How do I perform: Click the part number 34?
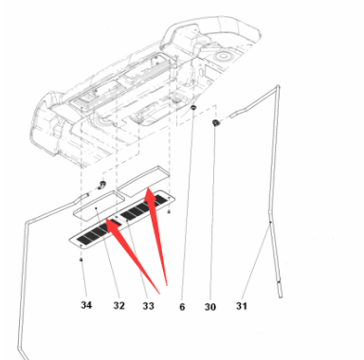click(86, 305)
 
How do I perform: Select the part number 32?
click(119, 305)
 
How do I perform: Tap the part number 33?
click(148, 306)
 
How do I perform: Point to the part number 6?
click(182, 307)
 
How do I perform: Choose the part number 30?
click(210, 307)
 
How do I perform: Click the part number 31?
click(242, 306)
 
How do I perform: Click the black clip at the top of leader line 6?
click(193, 108)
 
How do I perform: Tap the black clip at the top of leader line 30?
click(216, 122)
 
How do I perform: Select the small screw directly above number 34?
click(82, 260)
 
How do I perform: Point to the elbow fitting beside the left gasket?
click(101, 185)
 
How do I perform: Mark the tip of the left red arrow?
click(106, 220)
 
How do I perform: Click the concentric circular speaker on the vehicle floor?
click(223, 56)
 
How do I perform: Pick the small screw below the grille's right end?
click(169, 211)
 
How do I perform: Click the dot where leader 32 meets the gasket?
click(96, 208)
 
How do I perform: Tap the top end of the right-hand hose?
click(278, 86)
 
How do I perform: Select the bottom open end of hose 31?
click(281, 297)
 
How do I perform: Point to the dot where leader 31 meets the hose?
click(270, 223)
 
